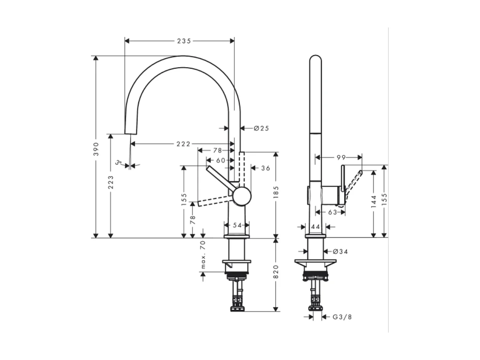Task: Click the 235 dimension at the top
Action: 184,41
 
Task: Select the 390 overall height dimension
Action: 96,149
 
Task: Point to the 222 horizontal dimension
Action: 183,144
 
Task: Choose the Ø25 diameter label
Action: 261,128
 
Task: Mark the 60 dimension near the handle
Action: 221,160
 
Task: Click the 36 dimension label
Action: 266,168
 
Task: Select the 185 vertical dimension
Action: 276,192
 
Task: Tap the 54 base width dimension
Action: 237,225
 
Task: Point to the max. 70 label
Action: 203,255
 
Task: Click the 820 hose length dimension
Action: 276,271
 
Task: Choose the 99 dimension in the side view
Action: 341,157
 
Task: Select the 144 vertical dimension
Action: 374,201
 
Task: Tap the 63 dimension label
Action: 332,212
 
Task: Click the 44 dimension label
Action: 316,227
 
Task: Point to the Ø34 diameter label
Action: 340,252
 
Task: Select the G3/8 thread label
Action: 342,317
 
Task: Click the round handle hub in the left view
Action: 242,196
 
